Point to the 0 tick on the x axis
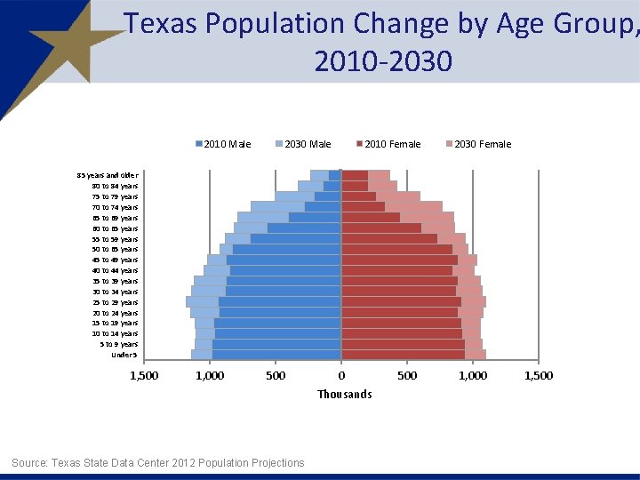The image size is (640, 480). coord(341,375)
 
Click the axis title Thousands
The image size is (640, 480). coord(345,394)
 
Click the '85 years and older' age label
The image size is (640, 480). coord(107,175)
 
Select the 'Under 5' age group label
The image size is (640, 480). coord(124,355)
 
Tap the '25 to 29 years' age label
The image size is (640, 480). coord(116,302)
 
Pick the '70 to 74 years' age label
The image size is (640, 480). coord(116,207)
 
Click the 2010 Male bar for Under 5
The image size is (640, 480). coord(276,355)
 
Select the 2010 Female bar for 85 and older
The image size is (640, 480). coord(355,175)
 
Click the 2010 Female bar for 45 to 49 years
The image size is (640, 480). coord(399,260)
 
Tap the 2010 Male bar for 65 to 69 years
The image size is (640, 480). coord(315,218)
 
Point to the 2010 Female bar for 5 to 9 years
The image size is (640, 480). coord(403,344)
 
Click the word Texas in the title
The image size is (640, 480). coord(161,24)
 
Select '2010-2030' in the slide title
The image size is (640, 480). coord(382,61)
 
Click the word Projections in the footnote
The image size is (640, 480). coord(273,462)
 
